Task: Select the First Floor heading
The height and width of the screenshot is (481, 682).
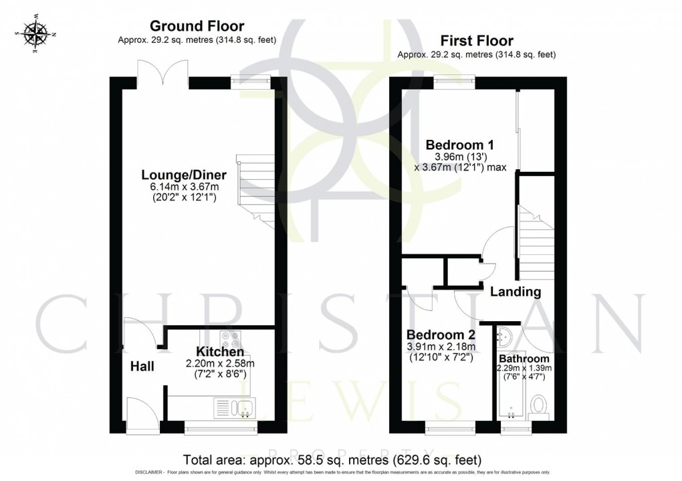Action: tap(476, 40)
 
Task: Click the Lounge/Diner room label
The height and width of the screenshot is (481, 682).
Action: tap(184, 175)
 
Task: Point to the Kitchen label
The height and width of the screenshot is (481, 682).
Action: tap(219, 352)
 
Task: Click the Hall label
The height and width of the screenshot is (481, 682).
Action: tap(142, 366)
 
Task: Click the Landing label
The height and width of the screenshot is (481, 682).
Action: tap(516, 292)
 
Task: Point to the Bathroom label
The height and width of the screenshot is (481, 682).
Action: tap(525, 359)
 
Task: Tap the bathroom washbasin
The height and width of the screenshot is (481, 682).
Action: tap(505, 335)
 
